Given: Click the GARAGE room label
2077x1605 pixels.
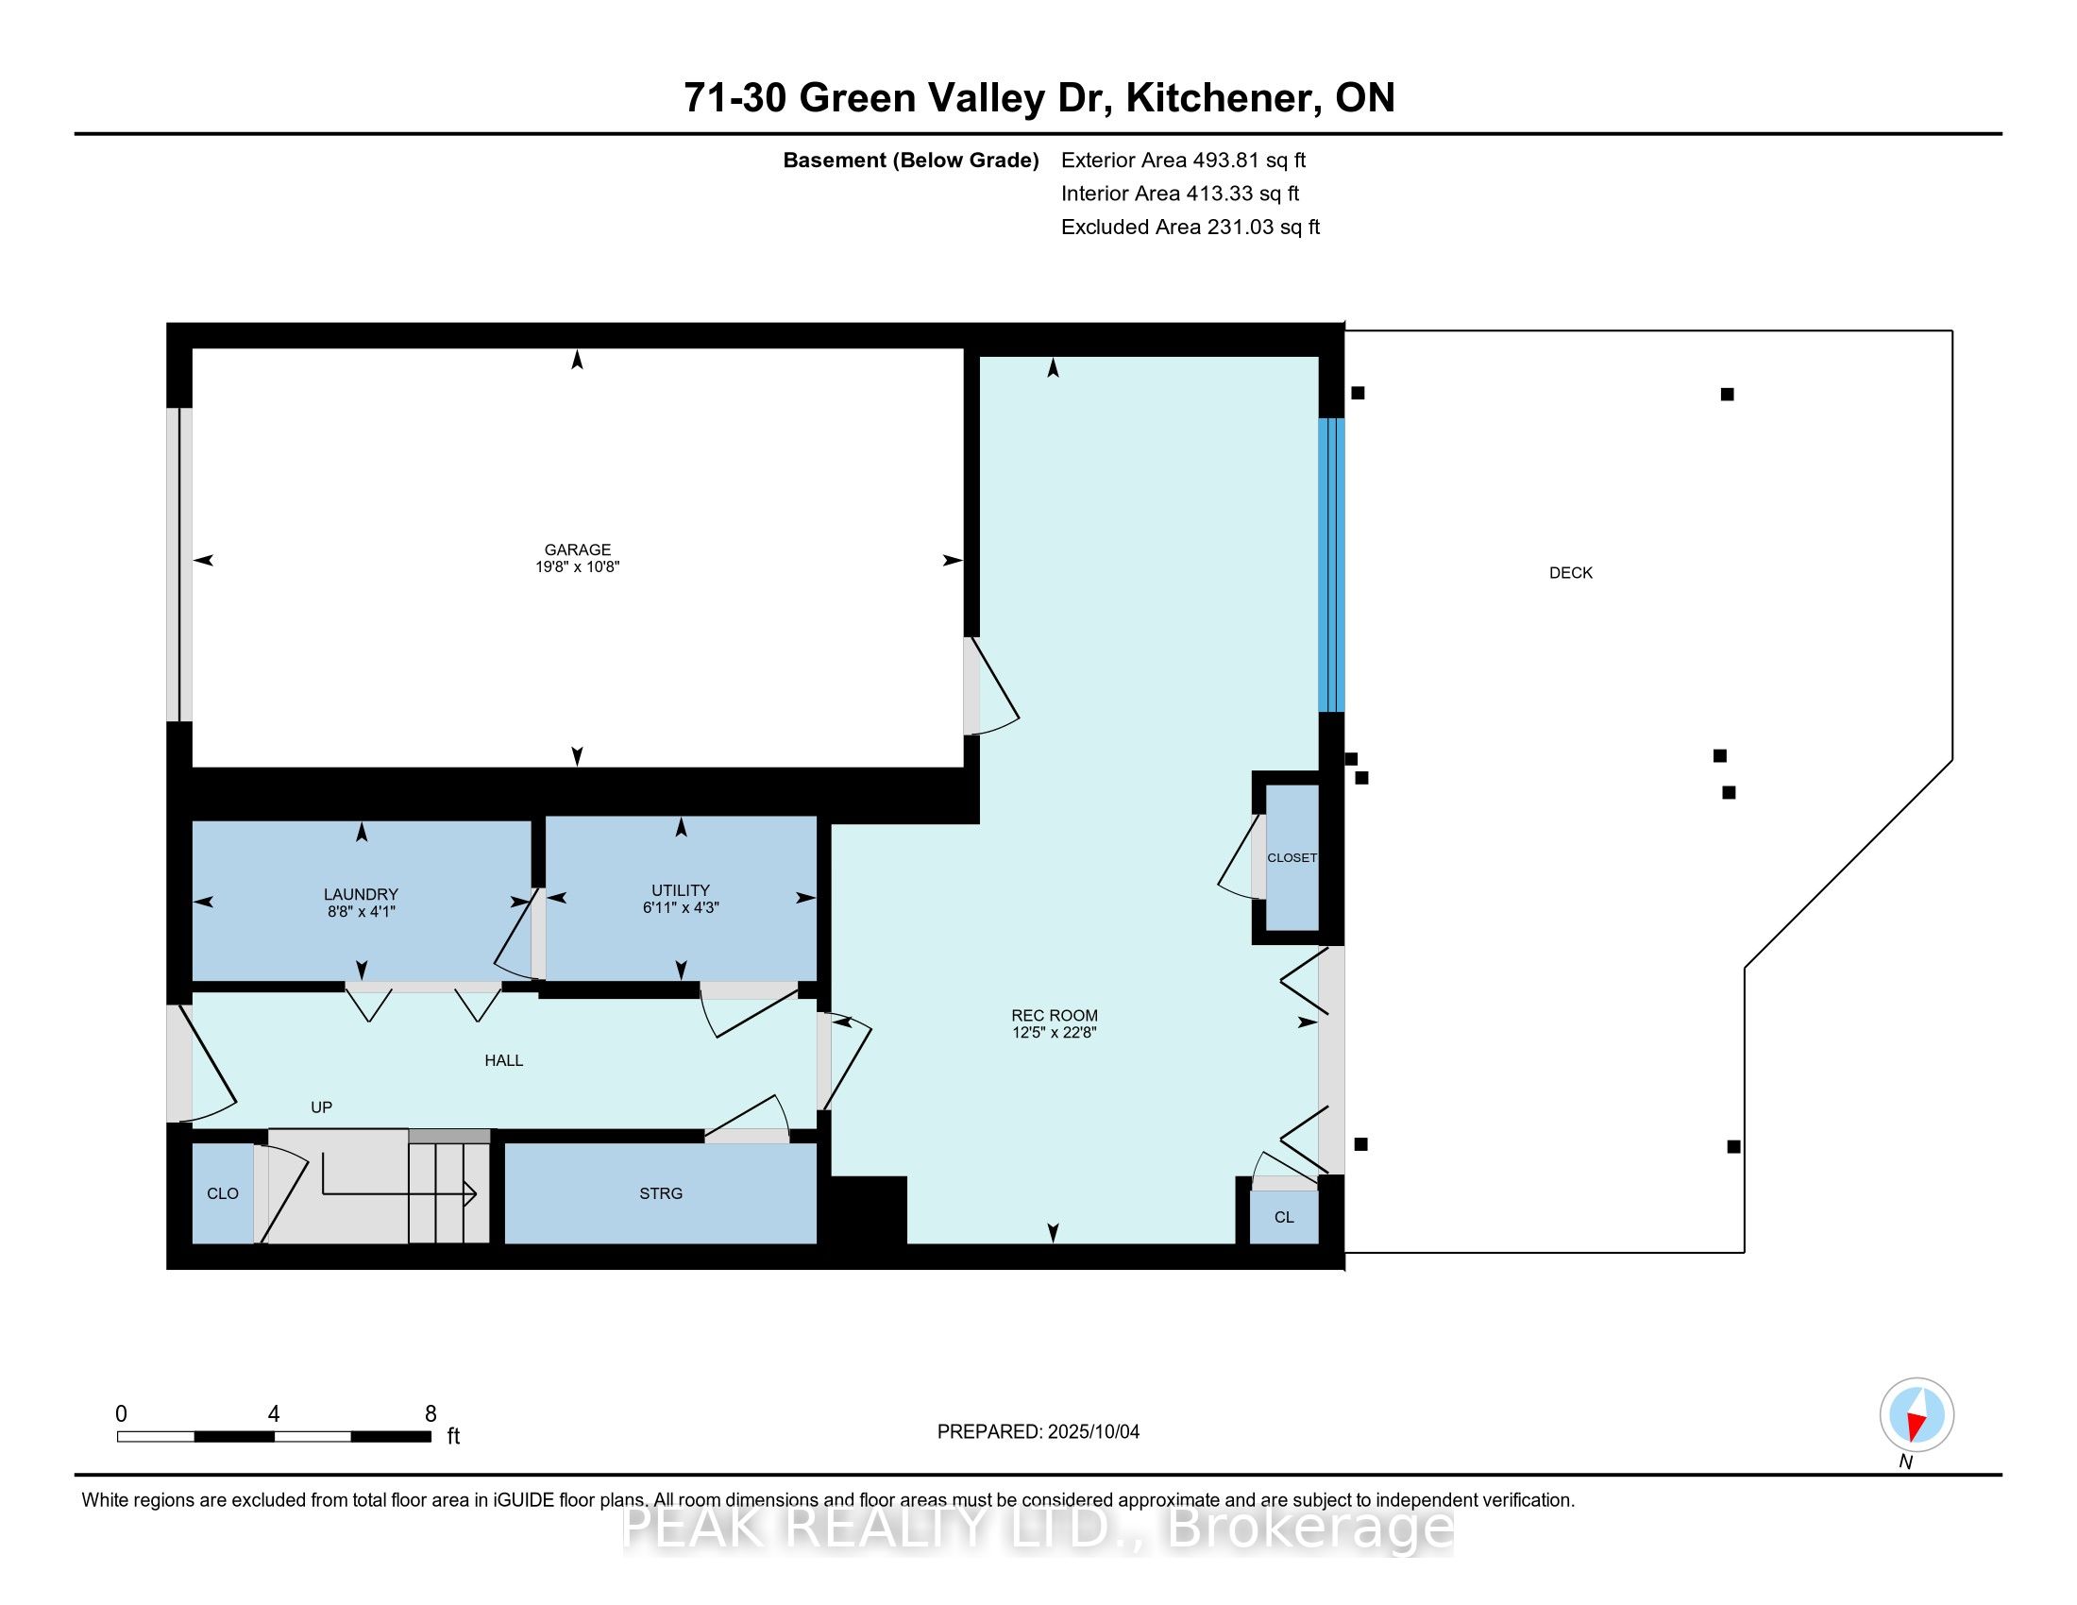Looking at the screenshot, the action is coord(577,549).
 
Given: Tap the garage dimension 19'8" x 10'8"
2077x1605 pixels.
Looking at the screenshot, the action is coord(577,566).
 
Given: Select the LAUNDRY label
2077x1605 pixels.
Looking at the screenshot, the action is coord(361,894).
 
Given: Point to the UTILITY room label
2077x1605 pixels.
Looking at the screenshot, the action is coord(681,890).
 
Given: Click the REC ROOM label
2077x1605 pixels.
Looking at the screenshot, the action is coord(1055,1016).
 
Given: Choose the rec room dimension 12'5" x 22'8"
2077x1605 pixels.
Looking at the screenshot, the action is coord(1055,1032).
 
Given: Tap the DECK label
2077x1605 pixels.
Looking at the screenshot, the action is coord(1571,572).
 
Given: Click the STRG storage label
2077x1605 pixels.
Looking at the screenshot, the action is coord(661,1193).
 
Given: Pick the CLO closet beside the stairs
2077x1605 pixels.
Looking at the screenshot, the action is coord(223,1193).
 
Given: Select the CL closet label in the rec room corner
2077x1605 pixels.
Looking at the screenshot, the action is coord(1284,1217).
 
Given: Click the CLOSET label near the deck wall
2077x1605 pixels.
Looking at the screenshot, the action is coord(1292,857).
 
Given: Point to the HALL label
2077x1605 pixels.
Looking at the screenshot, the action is coord(504,1060).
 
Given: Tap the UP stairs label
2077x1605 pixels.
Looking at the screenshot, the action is coord(321,1107).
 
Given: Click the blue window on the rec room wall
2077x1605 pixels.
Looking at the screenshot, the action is coord(1331,565).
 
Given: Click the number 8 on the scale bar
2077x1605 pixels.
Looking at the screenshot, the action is coord(431,1414).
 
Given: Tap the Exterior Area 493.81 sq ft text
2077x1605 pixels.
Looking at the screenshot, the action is coord(1184,160).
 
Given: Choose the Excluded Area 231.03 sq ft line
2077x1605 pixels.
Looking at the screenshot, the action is coord(1190,227).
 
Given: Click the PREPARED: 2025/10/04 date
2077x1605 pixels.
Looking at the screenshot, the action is coord(1038,1431).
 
